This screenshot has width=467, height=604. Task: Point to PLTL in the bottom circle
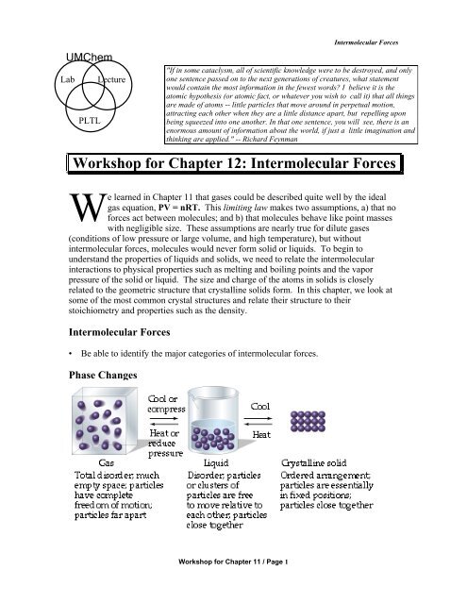pos(65,122)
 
